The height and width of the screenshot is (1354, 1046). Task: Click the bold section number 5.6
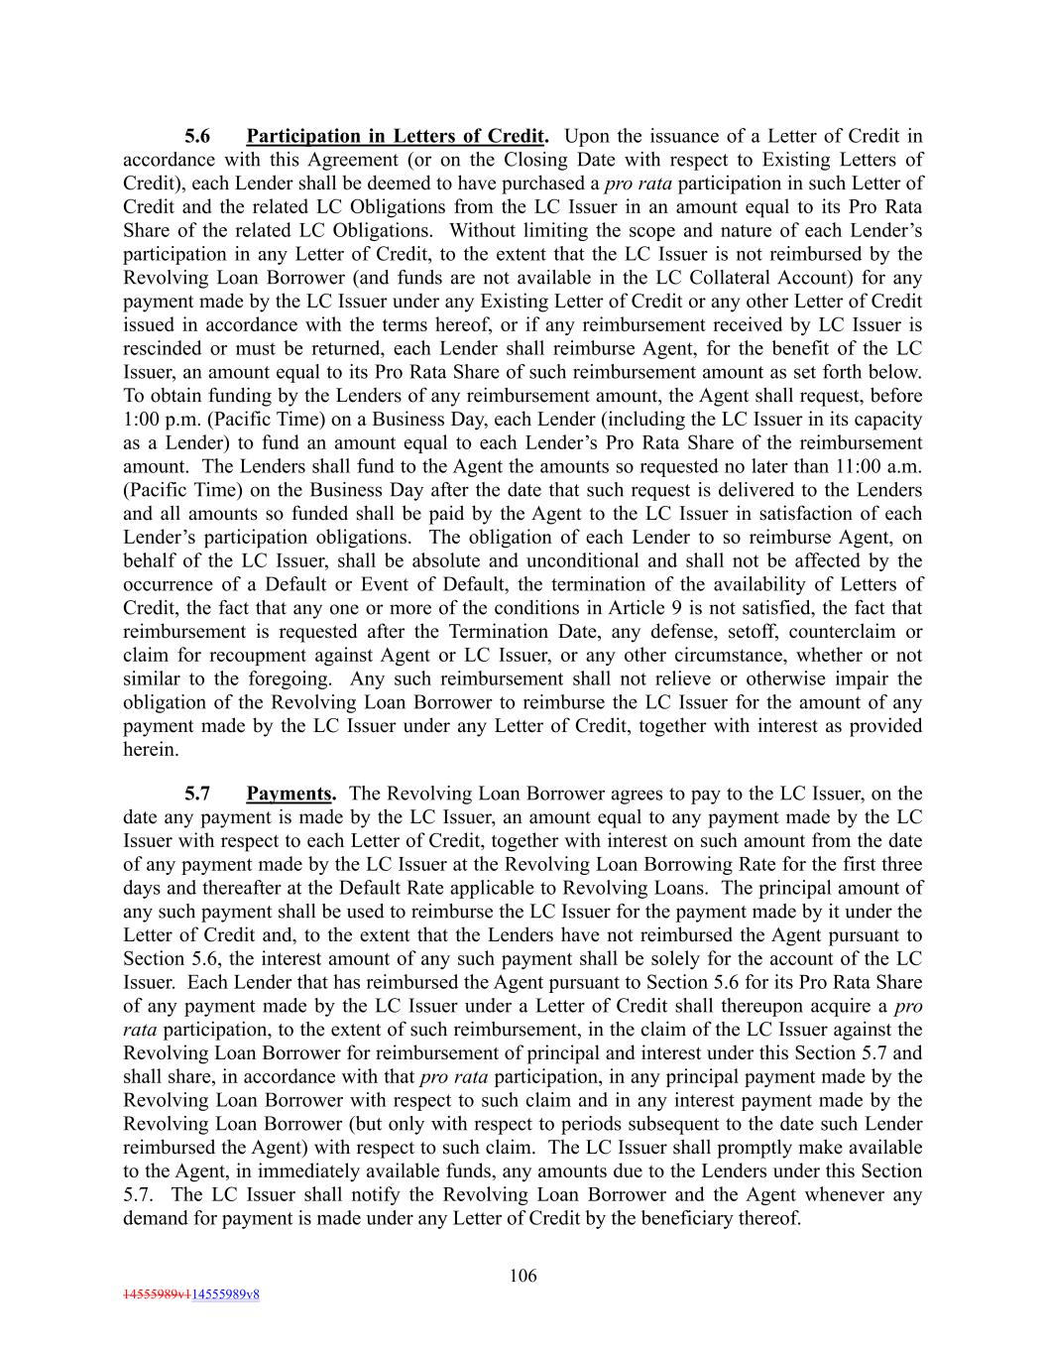197,136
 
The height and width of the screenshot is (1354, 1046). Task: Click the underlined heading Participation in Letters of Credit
396,136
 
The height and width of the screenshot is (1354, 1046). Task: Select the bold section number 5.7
197,794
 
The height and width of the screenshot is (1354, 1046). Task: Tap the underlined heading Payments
290,794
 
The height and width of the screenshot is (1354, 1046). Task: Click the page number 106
523,1276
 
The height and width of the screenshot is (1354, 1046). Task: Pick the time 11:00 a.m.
881,466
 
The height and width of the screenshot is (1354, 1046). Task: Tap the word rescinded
163,349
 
